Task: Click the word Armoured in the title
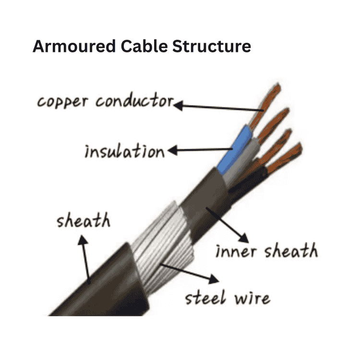pos(73,47)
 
